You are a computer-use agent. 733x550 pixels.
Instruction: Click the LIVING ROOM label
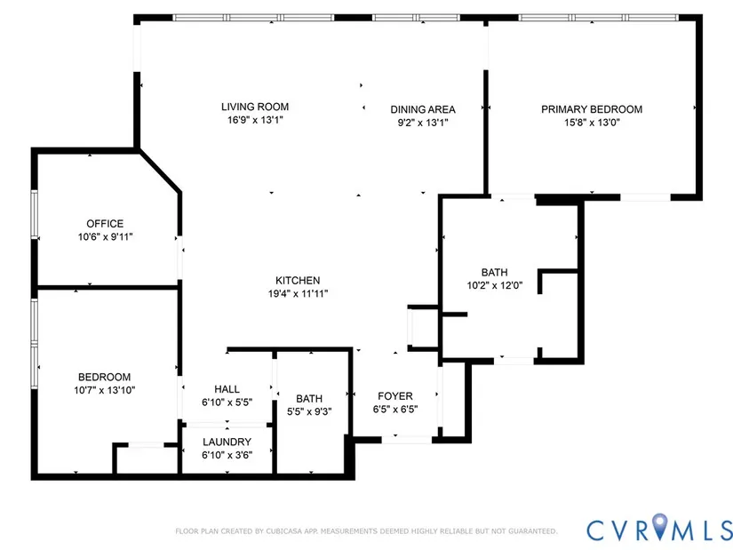(x=255, y=107)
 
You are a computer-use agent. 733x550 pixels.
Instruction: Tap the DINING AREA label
(x=423, y=109)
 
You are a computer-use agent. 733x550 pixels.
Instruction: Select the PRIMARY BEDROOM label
(x=592, y=109)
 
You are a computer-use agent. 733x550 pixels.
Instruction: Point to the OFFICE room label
(x=105, y=224)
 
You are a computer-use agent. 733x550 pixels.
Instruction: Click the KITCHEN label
(x=298, y=281)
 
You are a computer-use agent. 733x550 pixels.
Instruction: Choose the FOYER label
(x=395, y=396)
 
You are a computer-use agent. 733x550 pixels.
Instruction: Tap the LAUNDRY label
(x=227, y=442)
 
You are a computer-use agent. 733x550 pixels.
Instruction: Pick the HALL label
(x=227, y=389)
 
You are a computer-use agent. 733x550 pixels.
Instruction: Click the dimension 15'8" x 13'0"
(x=592, y=123)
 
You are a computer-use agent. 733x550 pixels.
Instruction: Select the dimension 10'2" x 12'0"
(x=495, y=285)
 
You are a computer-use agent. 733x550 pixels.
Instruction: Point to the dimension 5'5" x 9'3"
(x=309, y=411)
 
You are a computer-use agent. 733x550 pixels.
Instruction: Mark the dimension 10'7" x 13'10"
(x=104, y=390)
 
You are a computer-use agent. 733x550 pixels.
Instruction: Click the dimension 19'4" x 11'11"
(x=298, y=294)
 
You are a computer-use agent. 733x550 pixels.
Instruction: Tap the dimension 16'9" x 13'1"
(x=255, y=120)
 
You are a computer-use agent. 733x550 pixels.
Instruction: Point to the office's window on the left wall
(x=34, y=214)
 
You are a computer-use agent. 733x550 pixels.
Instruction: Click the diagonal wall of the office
(x=160, y=171)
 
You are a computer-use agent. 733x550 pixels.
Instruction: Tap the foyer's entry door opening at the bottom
(x=407, y=440)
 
